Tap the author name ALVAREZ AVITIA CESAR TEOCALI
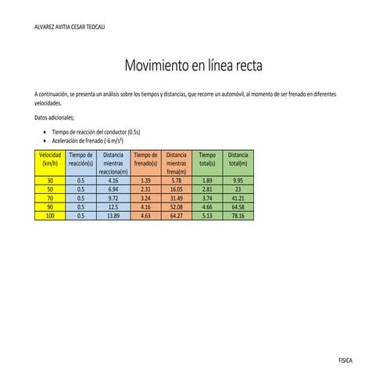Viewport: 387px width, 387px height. point(71,27)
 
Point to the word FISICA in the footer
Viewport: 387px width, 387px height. point(345,360)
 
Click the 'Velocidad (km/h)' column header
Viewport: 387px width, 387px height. point(50,159)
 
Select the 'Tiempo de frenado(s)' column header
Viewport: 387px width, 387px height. point(145,159)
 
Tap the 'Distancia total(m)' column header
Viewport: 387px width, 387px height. point(238,159)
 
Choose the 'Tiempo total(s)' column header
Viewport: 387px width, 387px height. point(207,159)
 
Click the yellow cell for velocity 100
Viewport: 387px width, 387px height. point(50,215)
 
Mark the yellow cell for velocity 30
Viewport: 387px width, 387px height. point(50,181)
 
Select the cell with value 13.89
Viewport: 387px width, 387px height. point(113,215)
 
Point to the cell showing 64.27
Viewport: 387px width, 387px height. point(176,215)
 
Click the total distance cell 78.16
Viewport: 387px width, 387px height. point(238,215)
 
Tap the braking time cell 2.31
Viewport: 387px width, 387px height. point(145,189)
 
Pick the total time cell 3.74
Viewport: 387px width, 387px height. point(207,198)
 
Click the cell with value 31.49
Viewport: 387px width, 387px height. point(176,198)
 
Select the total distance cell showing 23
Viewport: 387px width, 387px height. point(238,189)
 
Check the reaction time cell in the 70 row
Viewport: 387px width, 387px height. point(81,198)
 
